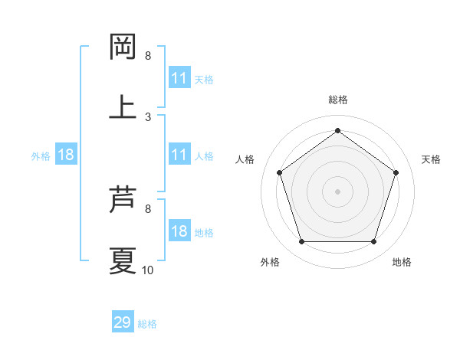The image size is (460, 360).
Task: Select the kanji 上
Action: pyautogui.click(x=123, y=106)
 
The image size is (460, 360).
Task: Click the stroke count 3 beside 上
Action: pyautogui.click(x=148, y=116)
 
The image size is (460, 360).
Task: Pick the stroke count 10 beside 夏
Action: pyautogui.click(x=148, y=270)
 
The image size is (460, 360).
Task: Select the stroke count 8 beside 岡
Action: pyautogui.click(x=148, y=56)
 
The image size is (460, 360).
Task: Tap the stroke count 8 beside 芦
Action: pyautogui.click(x=148, y=208)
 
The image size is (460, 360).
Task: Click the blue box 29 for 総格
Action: pyautogui.click(x=123, y=322)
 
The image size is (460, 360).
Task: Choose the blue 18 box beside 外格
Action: pyautogui.click(x=66, y=155)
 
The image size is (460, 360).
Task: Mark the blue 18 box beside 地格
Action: pyautogui.click(x=179, y=232)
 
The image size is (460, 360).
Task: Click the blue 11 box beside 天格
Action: pyautogui.click(x=179, y=78)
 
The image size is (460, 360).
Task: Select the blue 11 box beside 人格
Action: pyautogui.click(x=179, y=155)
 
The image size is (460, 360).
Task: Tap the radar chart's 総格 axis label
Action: pyautogui.click(x=337, y=100)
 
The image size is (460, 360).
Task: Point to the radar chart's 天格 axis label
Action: pyautogui.click(x=431, y=159)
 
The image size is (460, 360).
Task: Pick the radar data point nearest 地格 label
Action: pyautogui.click(x=373, y=242)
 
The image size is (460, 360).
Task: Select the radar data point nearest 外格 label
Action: pyautogui.click(x=301, y=242)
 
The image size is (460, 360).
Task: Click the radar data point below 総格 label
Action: pyautogui.click(x=337, y=131)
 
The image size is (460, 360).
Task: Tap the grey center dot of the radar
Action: pyautogui.click(x=337, y=191)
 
